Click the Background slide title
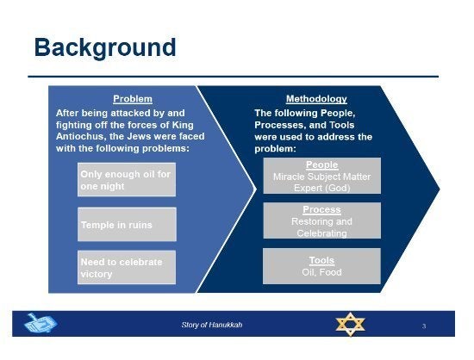105,47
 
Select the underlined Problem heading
133,99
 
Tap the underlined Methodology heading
316,99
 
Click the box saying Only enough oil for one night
127,180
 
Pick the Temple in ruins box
127,225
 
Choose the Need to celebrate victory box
127,267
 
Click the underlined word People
322,164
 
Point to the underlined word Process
322,209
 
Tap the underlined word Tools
321,260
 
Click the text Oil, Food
321,272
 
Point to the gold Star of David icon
351,324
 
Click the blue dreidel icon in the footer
41,323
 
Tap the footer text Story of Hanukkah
212,325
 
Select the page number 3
424,326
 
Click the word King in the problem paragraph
183,125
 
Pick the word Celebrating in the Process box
322,233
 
